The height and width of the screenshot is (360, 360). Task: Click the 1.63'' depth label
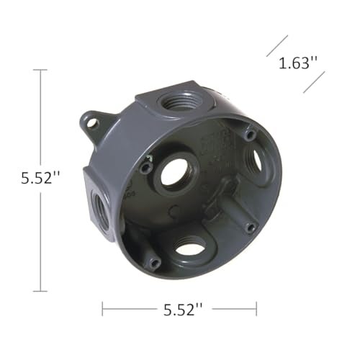tap(298, 63)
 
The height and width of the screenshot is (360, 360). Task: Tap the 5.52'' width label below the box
tap(179, 310)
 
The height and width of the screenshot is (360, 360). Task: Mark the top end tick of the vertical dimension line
tap(40, 70)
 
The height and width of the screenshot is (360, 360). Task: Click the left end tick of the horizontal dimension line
tap(103, 310)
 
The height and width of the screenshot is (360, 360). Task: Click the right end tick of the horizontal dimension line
tap(256, 310)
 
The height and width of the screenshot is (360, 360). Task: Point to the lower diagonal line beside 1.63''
tap(315, 81)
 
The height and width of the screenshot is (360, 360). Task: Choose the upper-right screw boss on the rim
tap(248, 134)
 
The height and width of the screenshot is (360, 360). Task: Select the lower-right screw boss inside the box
tap(248, 227)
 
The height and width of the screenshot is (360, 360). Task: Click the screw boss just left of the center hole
tap(147, 167)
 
